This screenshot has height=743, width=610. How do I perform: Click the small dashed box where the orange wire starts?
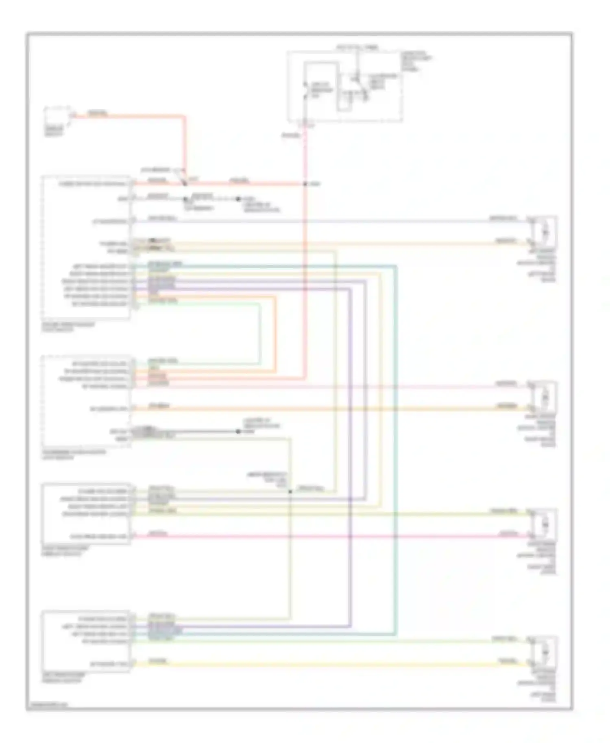pyautogui.click(x=57, y=117)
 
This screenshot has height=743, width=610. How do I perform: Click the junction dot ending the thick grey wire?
pyautogui.click(x=238, y=431)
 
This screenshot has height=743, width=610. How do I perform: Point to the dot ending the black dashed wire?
pyautogui.click(x=238, y=199)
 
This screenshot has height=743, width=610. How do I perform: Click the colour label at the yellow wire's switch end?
pyautogui.click(x=157, y=661)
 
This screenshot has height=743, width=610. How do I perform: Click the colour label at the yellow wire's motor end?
pyautogui.click(x=508, y=661)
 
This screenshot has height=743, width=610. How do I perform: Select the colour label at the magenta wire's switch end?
pyautogui.click(x=157, y=534)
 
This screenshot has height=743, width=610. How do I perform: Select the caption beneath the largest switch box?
pyautogui.click(x=68, y=327)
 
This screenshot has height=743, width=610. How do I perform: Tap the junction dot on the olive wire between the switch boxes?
pyautogui.click(x=290, y=491)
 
